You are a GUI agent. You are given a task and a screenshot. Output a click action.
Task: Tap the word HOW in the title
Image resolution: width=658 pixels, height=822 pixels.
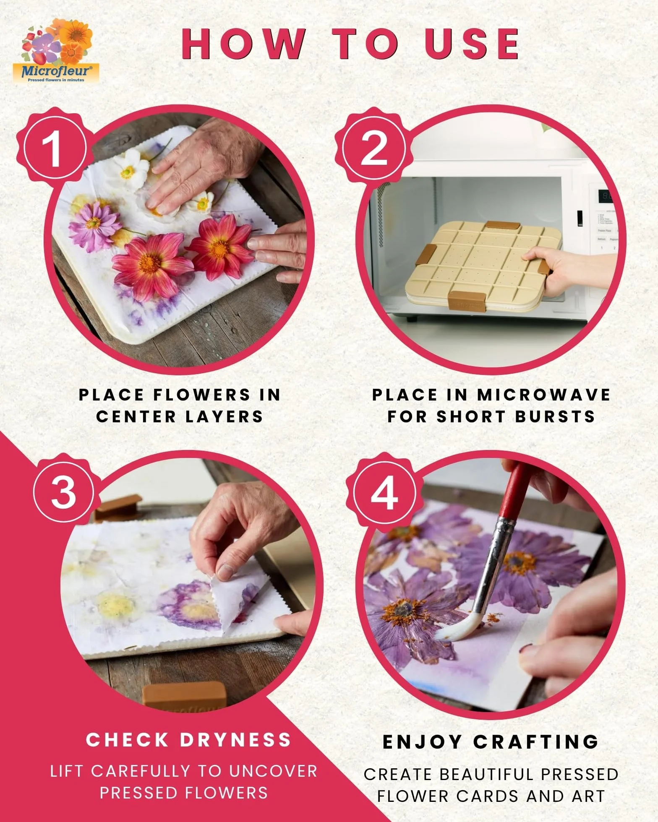(243, 44)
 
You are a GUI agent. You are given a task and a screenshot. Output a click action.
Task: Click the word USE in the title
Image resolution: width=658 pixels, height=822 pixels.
(472, 44)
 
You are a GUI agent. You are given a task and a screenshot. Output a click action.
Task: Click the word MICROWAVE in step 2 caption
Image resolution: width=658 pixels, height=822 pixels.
(543, 395)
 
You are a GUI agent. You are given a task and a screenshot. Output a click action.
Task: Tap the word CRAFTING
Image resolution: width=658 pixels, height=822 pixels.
(536, 742)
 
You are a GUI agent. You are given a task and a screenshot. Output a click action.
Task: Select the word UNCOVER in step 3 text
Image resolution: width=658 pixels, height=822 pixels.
(273, 771)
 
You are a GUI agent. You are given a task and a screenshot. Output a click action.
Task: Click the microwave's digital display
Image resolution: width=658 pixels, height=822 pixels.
(606, 196)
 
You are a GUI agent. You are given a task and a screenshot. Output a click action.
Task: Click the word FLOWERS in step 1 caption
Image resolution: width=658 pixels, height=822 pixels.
(202, 395)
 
